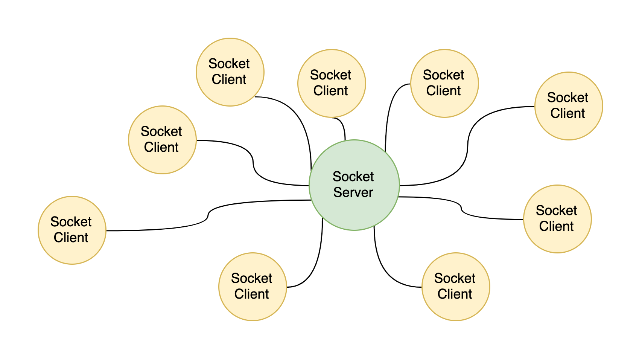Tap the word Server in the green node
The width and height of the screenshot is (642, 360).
coord(353,192)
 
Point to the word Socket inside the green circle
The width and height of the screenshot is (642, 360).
coord(353,177)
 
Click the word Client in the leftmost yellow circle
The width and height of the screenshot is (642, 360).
coord(71,238)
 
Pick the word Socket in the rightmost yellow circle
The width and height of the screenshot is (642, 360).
coord(567,98)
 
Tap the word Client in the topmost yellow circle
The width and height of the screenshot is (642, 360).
coord(229,79)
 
